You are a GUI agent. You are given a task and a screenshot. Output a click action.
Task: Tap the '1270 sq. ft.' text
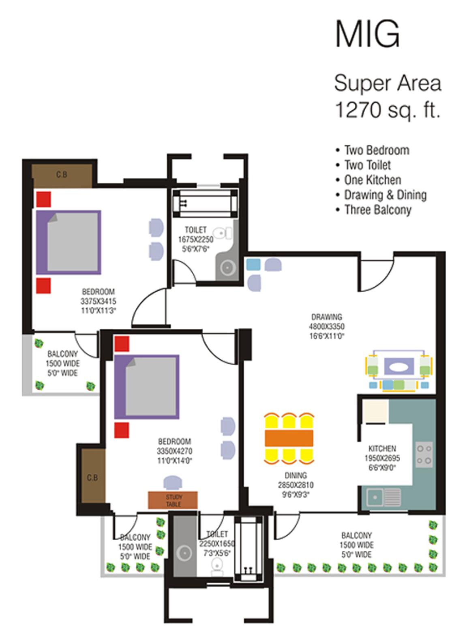pyautogui.click(x=387, y=110)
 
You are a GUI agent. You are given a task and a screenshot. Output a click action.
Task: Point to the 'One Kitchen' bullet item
pyautogui.click(x=373, y=180)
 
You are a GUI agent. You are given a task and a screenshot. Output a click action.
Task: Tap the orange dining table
pyautogui.click(x=289, y=438)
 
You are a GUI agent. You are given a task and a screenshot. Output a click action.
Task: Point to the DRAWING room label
pyautogui.click(x=326, y=317)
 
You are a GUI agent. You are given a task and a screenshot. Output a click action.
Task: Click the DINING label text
pyautogui.click(x=296, y=475)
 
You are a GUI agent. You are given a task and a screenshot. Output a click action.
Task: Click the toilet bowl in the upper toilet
pyautogui.click(x=223, y=233)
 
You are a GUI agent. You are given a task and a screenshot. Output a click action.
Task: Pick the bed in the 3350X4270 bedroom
pyautogui.click(x=147, y=387)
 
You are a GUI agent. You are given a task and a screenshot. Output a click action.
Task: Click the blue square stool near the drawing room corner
pyautogui.click(x=253, y=265)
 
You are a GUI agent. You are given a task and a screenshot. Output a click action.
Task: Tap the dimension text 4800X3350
pyautogui.click(x=326, y=326)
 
